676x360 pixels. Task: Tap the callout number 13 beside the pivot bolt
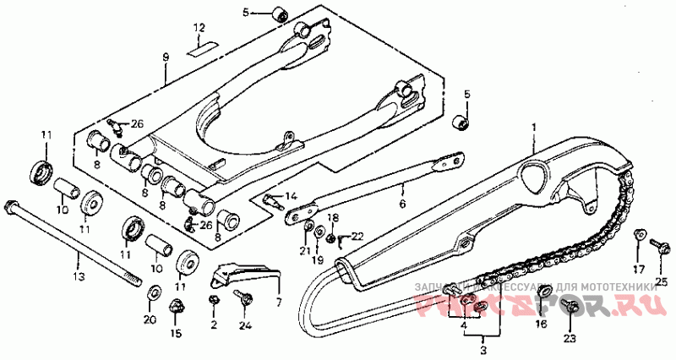[x=79, y=276]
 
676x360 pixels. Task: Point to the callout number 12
[x=199, y=28]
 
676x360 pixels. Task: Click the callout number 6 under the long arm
[x=402, y=205]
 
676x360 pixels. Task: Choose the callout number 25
[x=662, y=281]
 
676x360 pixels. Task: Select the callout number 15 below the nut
[x=177, y=333]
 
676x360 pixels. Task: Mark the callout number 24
[x=246, y=325]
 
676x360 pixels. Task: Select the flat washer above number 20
[x=153, y=292]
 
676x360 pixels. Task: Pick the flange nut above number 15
[x=177, y=306]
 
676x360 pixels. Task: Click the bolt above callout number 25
[x=657, y=245]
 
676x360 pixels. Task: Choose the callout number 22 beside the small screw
[x=357, y=236]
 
